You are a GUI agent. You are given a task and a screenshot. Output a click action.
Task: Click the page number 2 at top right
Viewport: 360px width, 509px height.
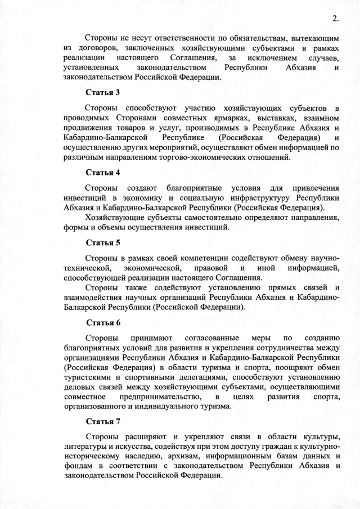click(x=335, y=19)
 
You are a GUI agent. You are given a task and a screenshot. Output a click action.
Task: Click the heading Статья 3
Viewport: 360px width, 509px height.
click(x=103, y=92)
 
